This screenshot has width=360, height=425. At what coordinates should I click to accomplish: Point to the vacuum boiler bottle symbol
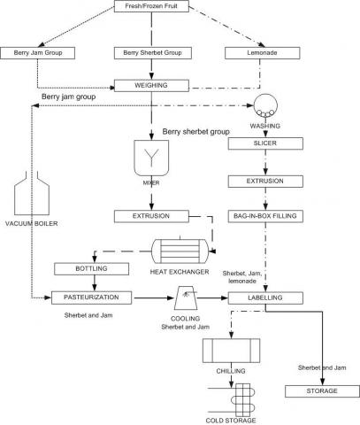pos(31,197)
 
